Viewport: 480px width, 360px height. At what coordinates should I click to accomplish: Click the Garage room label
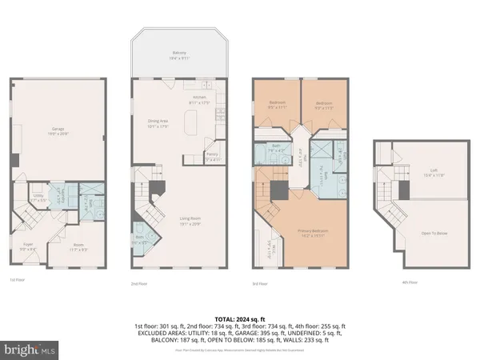tap(58, 130)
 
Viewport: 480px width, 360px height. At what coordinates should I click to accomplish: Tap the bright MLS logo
tap(29, 350)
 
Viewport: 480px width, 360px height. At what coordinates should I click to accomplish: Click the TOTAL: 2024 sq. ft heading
tap(240, 318)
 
